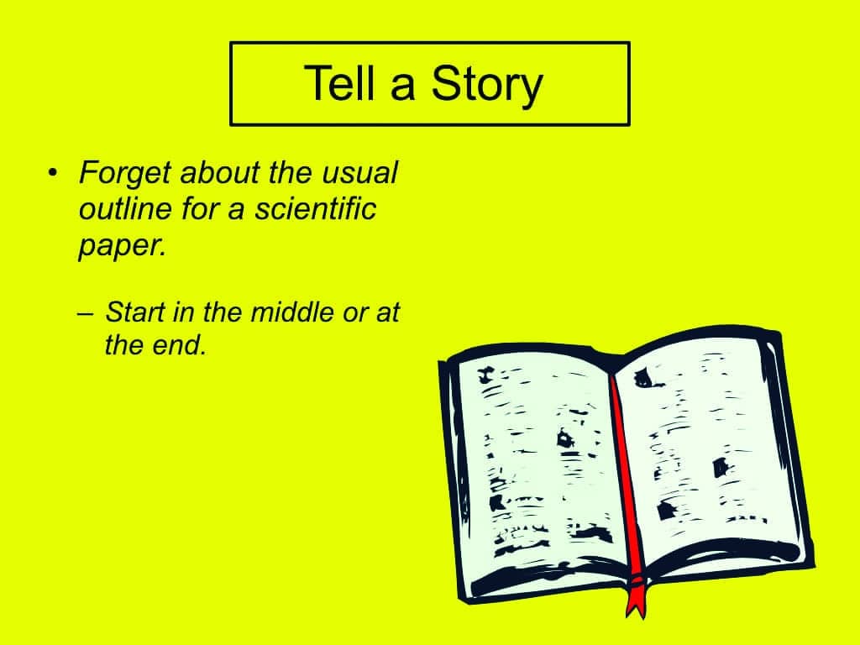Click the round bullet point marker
pyautogui.click(x=52, y=173)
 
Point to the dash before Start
pyautogui.click(x=86, y=314)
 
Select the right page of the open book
pyautogui.click(x=707, y=450)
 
